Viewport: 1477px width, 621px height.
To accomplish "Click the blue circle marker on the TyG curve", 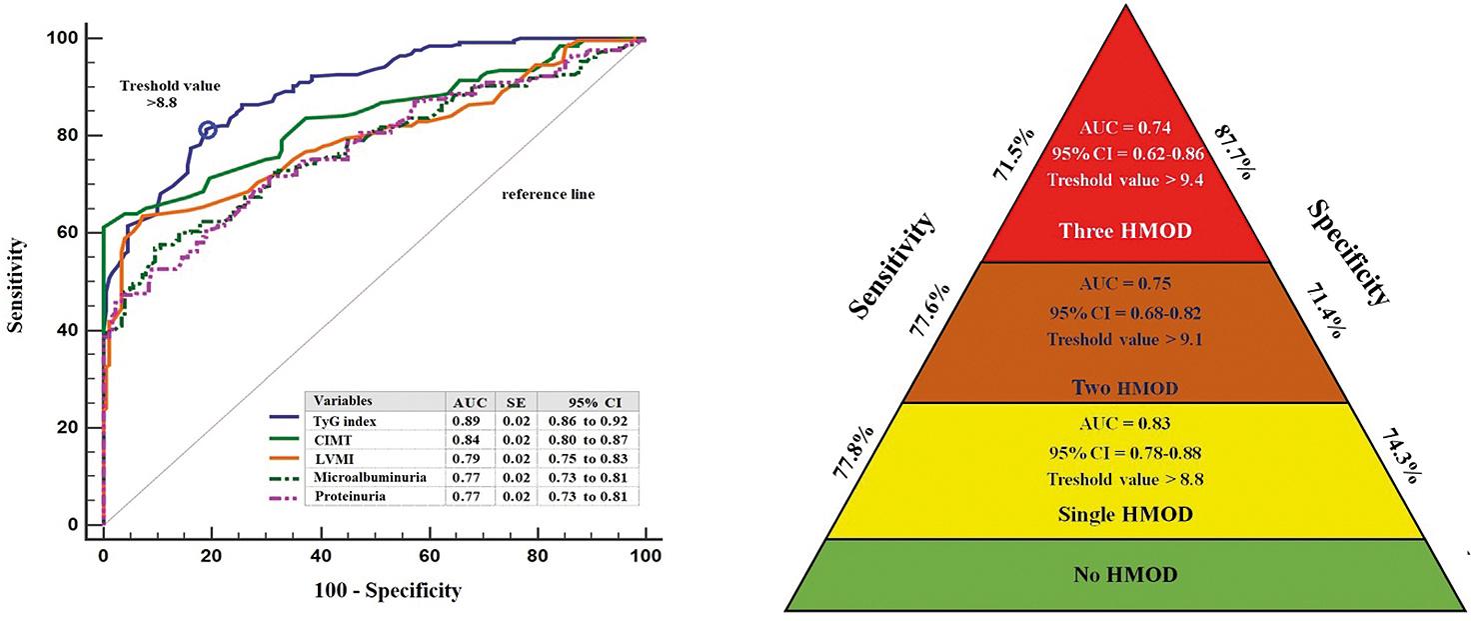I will [x=208, y=130].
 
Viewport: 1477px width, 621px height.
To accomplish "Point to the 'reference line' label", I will [x=547, y=194].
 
